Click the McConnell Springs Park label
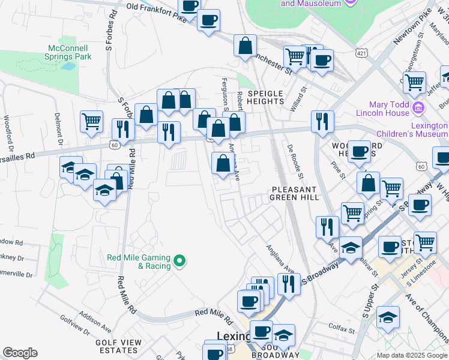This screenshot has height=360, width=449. click(x=68, y=52)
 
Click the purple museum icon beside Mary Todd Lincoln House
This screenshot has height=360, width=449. click(x=420, y=109)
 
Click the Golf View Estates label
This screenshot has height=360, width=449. click(x=118, y=346)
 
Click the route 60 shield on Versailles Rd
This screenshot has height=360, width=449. click(x=114, y=145)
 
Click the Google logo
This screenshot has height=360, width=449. click(x=20, y=353)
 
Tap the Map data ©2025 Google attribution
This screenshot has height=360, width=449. click(x=411, y=355)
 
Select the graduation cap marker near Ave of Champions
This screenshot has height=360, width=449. click(x=388, y=317)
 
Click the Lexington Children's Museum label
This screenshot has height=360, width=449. click(x=412, y=130)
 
